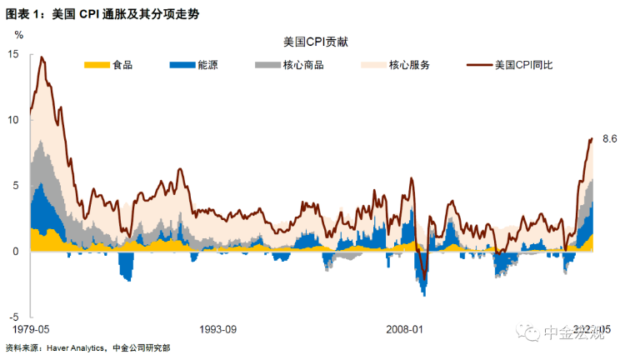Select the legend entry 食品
123,65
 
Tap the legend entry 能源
207,65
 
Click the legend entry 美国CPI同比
530,65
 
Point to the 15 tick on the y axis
13,53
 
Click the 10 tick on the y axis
13,119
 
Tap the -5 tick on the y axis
14,317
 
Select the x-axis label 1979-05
32,330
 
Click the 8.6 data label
608,139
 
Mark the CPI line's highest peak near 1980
42,57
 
